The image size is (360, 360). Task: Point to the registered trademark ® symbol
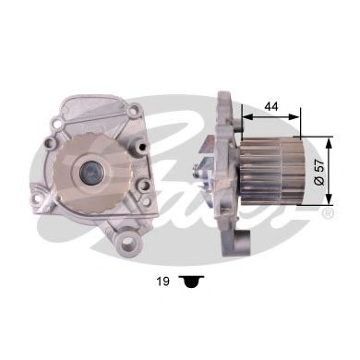coord(328,214)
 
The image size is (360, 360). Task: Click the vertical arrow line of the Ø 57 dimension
coord(328,171)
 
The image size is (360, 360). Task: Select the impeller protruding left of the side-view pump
coord(202,171)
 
